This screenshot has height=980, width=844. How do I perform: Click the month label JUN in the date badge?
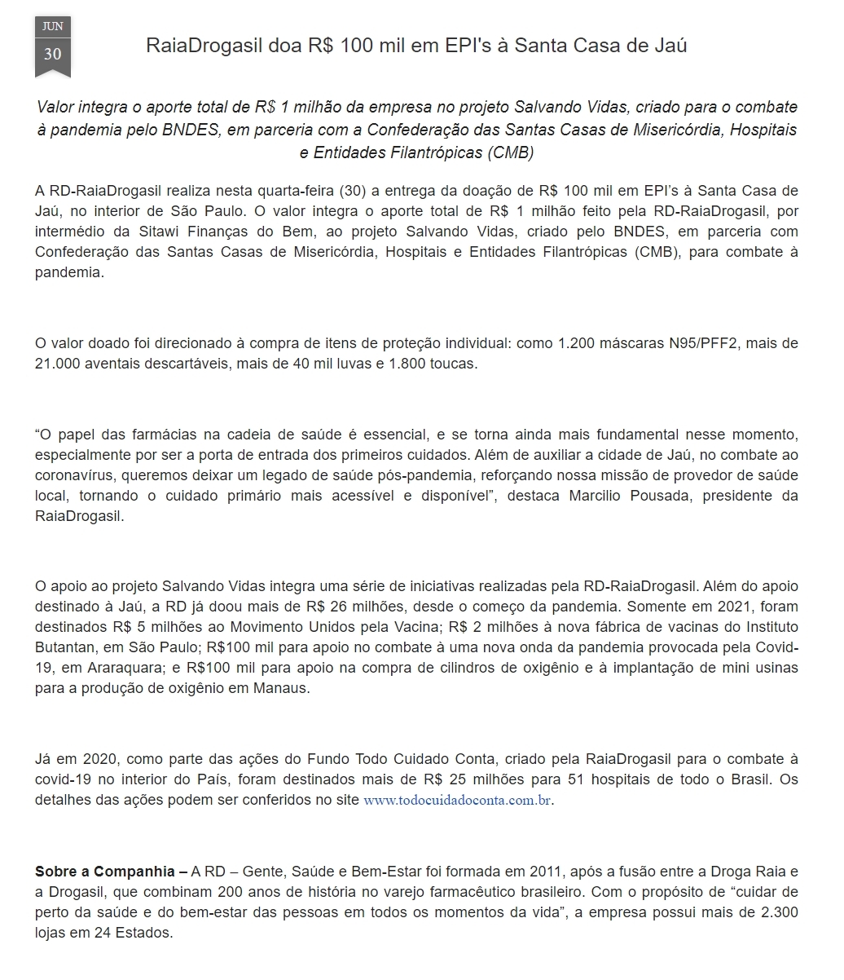click(52, 26)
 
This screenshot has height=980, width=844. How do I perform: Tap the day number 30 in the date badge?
click(52, 54)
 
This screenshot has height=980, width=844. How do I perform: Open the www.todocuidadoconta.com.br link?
click(458, 800)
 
